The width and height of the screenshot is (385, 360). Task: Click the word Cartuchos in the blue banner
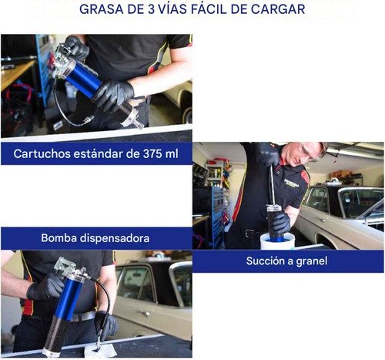pos(42,153)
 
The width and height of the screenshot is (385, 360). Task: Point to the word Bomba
pos(59,238)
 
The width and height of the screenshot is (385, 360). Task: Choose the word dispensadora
pos(115,238)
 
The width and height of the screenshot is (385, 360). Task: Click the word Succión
pos(266,261)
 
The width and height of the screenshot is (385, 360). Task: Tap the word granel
pos(312,261)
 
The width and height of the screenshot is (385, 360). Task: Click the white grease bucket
pos(277,241)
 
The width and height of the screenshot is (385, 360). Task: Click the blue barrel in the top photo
pos(83,79)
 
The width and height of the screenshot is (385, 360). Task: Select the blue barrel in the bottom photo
pos(67,298)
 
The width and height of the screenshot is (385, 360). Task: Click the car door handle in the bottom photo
pos(145,313)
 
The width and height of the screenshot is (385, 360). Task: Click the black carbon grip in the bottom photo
pos(56,334)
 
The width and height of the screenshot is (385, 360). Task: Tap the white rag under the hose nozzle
pos(99,350)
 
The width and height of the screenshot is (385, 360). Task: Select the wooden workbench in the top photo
pos(16,72)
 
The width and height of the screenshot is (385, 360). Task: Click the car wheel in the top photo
pos(187,114)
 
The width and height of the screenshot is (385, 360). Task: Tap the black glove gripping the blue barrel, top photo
pos(113,94)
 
